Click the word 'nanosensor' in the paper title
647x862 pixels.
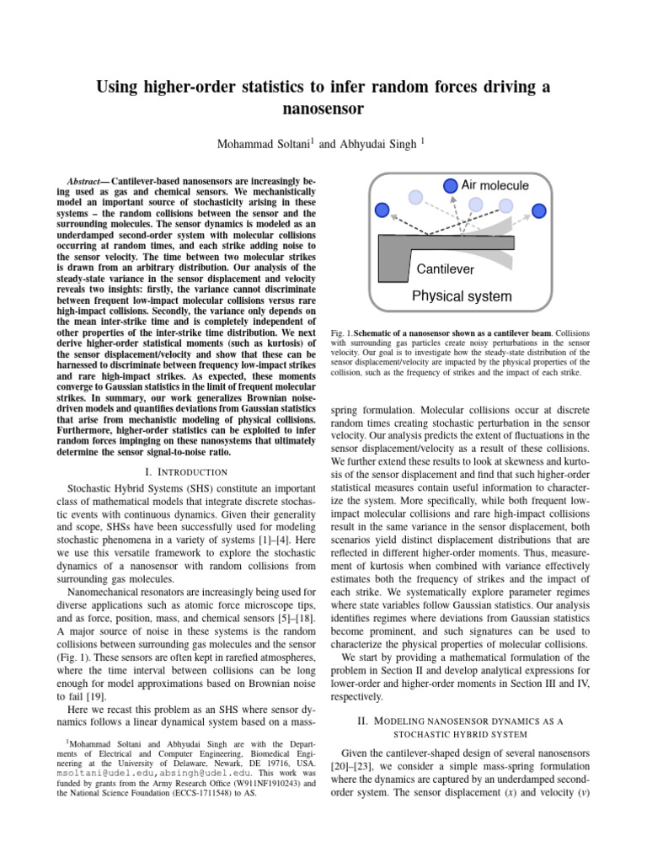pyautogui.click(x=323, y=109)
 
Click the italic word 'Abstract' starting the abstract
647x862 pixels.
pyautogui.click(x=88, y=182)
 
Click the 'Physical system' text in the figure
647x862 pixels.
pyautogui.click(x=461, y=296)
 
